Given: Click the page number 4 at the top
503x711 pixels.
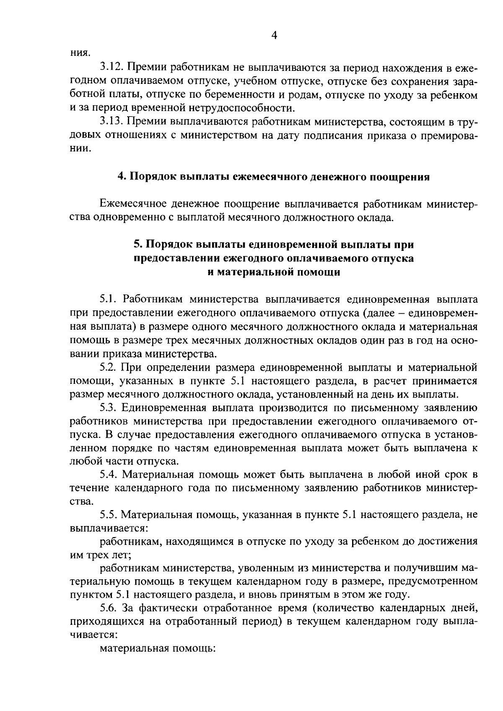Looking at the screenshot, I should (275, 36).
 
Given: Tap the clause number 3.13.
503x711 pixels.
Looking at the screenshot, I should (111, 122).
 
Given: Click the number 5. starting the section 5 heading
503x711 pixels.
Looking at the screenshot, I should (137, 244).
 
